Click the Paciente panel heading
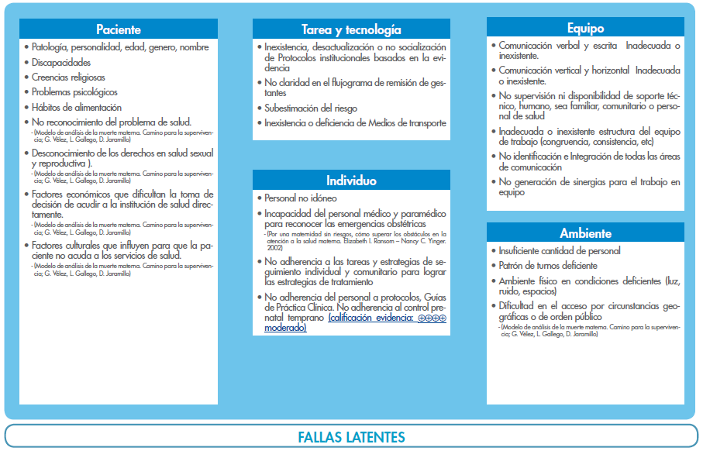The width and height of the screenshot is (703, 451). pyautogui.click(x=119, y=30)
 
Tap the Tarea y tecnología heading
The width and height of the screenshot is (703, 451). pyautogui.click(x=352, y=30)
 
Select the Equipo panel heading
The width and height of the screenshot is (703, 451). pyautogui.click(x=585, y=29)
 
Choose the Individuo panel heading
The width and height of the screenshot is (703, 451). pyautogui.click(x=352, y=181)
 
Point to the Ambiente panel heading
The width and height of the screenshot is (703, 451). pyautogui.click(x=585, y=233)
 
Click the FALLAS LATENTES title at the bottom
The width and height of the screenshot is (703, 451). pyautogui.click(x=351, y=437)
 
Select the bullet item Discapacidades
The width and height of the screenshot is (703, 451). pyautogui.click(x=61, y=63)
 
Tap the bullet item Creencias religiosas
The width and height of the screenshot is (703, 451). pyautogui.click(x=68, y=77)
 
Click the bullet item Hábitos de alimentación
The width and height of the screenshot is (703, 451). pyautogui.click(x=77, y=108)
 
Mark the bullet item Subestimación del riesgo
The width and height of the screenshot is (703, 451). pyautogui.click(x=311, y=108)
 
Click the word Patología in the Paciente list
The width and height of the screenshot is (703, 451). pyautogui.click(x=50, y=47)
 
